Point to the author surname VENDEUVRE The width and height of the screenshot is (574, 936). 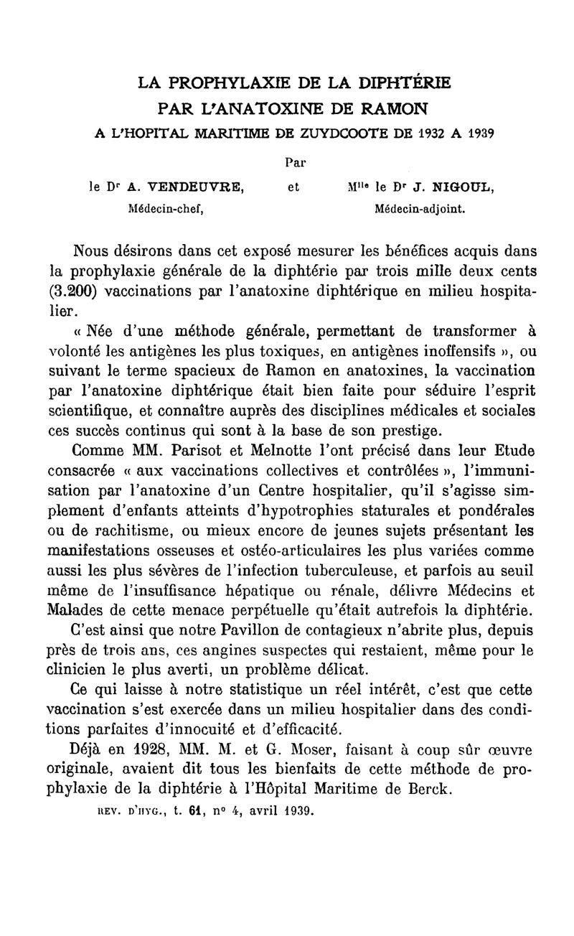pyautogui.click(x=195, y=189)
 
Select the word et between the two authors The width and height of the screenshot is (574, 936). pyautogui.click(x=293, y=189)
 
